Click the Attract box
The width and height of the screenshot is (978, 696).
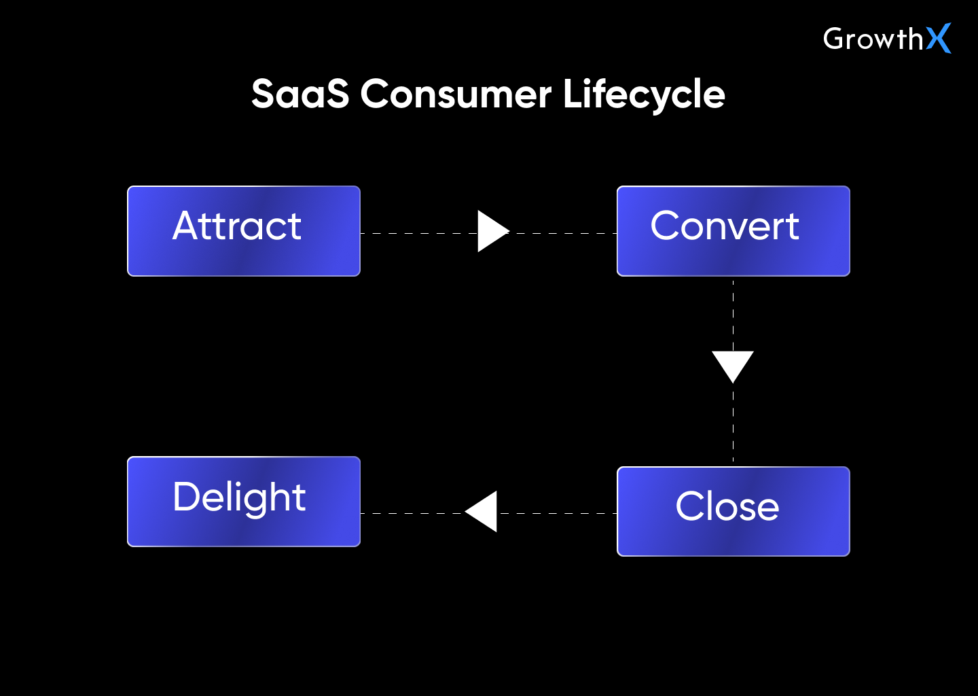click(243, 231)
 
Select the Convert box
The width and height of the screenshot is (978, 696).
click(733, 231)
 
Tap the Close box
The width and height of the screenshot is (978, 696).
click(733, 511)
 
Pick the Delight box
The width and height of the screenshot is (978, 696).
click(243, 502)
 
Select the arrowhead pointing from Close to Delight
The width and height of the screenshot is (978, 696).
click(484, 511)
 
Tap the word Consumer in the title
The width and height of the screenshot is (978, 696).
click(455, 94)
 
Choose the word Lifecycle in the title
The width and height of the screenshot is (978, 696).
click(643, 94)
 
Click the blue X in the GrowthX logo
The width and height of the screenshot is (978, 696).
click(939, 38)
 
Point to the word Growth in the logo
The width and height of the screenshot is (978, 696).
click(873, 39)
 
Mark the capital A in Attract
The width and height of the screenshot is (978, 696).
click(189, 226)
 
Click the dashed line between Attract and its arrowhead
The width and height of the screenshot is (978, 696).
click(418, 233)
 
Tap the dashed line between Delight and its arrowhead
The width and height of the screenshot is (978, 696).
click(411, 513)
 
